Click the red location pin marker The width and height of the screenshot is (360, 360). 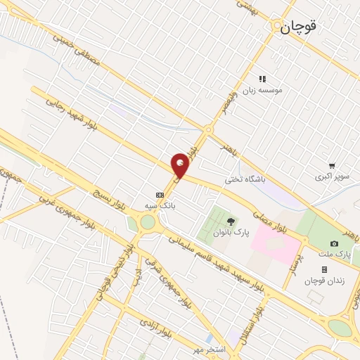click(181, 165)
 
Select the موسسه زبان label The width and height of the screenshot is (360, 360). click(256, 90)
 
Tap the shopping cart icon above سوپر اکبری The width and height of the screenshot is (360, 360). click(332, 166)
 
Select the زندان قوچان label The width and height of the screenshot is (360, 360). click(324, 281)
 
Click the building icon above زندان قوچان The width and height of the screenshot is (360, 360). click(324, 269)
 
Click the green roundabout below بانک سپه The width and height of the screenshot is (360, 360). click(147, 223)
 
